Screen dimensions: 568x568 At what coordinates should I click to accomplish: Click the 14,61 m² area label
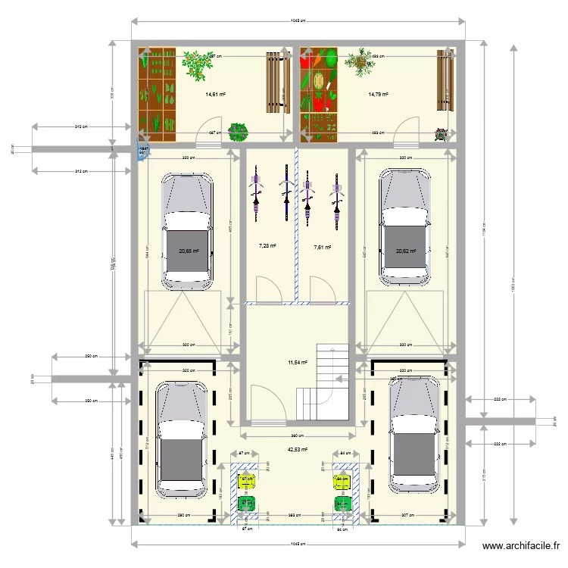[x=216, y=95]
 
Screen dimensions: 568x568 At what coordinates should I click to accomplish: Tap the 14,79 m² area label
[x=378, y=95]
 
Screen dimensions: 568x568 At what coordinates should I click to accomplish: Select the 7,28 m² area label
[x=267, y=246]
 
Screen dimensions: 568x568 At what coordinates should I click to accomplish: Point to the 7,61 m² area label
[x=323, y=246]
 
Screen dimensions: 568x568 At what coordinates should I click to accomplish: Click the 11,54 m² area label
[x=298, y=363]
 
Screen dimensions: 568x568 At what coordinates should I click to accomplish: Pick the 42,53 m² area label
[x=298, y=449]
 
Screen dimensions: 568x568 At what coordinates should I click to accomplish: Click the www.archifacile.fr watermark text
[x=522, y=546]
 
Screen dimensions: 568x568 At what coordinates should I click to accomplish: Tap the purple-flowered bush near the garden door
[x=239, y=132]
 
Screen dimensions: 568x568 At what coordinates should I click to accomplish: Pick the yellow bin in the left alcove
[x=246, y=479]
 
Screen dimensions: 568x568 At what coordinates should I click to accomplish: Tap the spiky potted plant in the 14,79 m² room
[x=360, y=62]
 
